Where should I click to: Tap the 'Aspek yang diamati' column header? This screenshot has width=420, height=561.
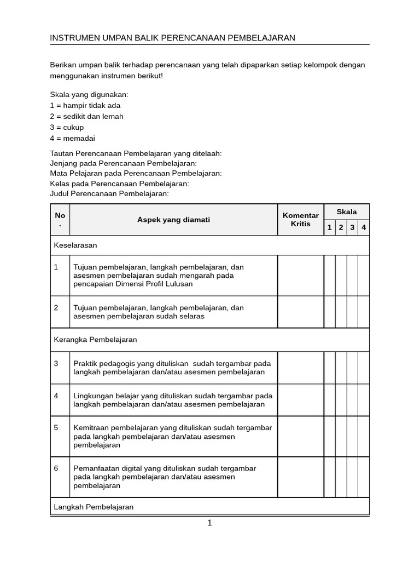click(x=173, y=220)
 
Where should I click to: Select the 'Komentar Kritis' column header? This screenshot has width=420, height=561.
click(x=300, y=220)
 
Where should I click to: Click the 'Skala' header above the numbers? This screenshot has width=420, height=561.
click(x=346, y=211)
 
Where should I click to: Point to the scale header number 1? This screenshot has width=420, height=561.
click(x=329, y=227)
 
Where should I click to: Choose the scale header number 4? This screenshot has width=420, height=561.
click(x=364, y=227)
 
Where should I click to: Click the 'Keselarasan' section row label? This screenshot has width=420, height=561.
click(x=75, y=245)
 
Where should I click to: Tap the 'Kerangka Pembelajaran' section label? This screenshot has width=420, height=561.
click(x=95, y=340)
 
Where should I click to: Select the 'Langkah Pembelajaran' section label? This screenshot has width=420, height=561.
click(x=94, y=507)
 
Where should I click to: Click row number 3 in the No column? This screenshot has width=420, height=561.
click(x=56, y=363)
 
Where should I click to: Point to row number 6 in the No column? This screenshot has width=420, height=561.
click(x=56, y=468)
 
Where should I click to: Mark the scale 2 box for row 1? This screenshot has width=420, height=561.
click(x=341, y=276)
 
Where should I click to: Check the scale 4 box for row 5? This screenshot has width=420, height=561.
click(x=364, y=436)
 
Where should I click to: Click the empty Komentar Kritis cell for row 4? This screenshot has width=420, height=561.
click(x=300, y=400)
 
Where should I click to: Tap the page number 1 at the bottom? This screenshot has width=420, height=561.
click(x=209, y=523)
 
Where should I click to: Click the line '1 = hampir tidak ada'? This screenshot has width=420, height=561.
click(x=85, y=105)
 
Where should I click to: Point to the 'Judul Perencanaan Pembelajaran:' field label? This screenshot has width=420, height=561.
click(x=109, y=193)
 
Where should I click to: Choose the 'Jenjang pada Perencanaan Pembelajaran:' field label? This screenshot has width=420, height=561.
click(x=123, y=163)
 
